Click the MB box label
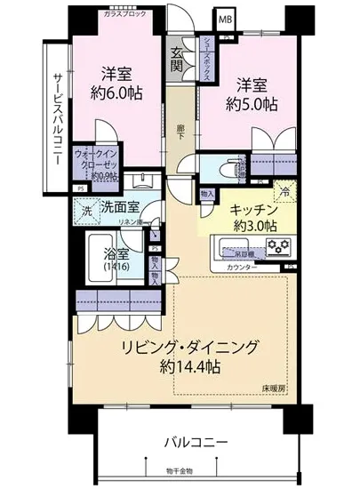pyautogui.click(x=227, y=18)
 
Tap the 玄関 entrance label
pyautogui.click(x=178, y=59)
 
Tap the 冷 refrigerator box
pyautogui.click(x=286, y=191)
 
